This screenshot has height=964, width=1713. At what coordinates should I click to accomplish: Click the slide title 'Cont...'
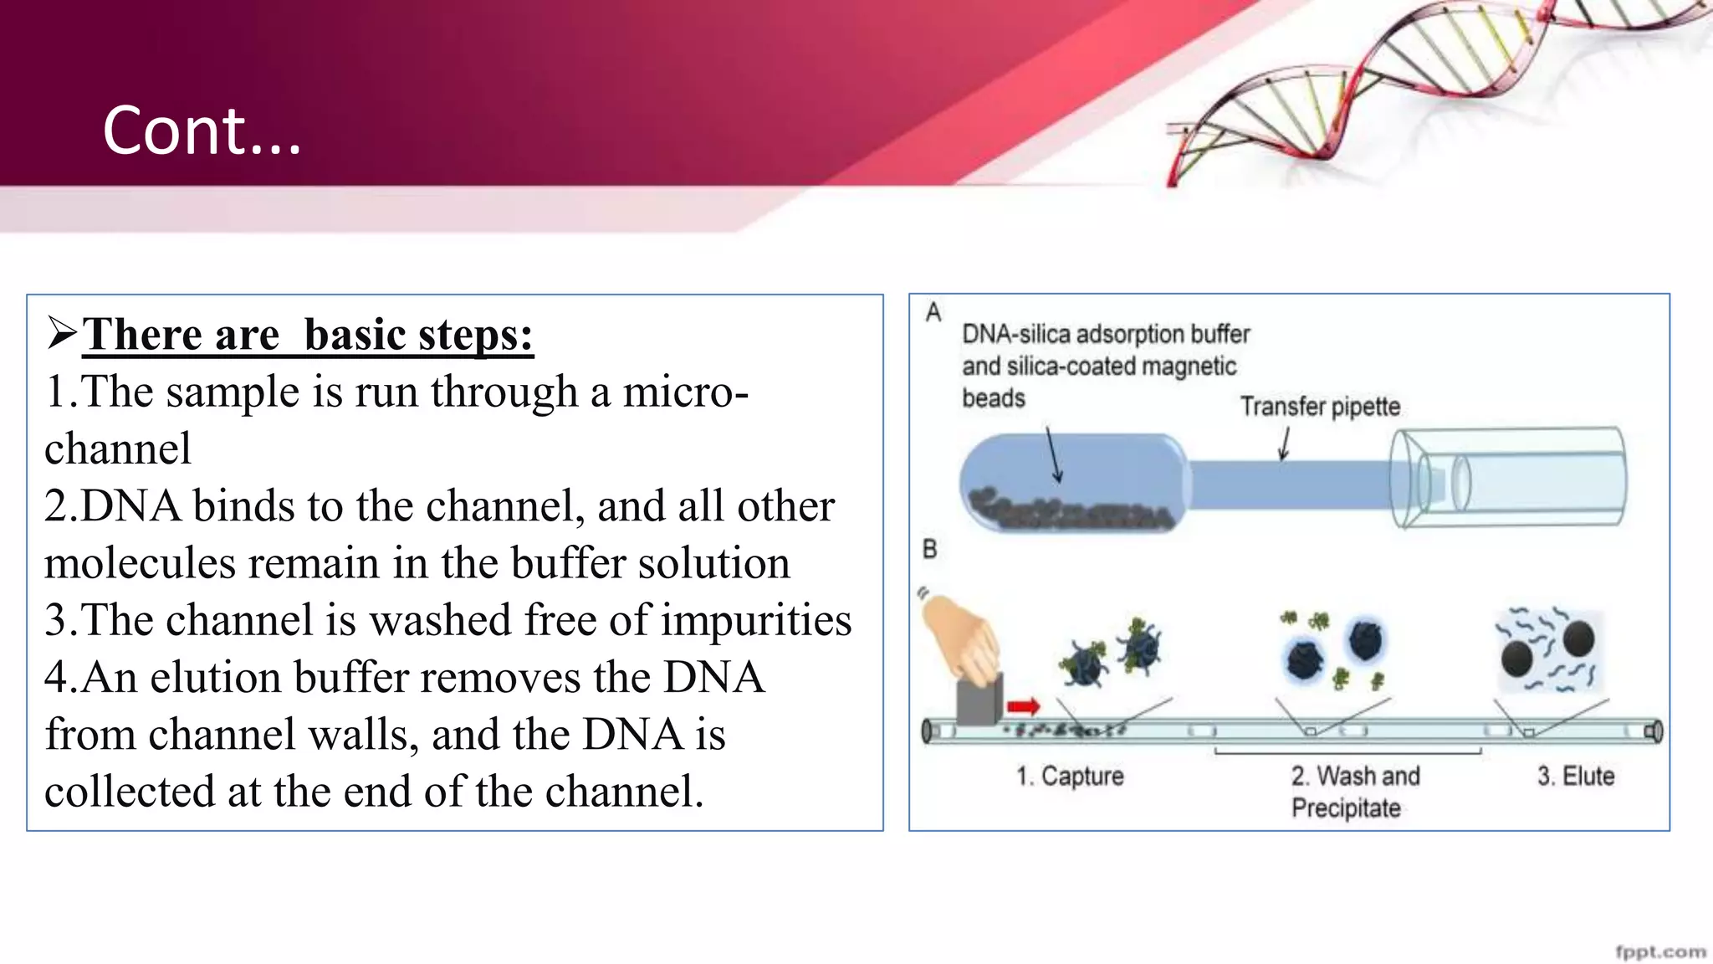[201, 132]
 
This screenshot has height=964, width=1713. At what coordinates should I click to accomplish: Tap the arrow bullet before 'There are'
[62, 334]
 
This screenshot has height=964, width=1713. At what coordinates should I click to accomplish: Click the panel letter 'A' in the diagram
[933, 313]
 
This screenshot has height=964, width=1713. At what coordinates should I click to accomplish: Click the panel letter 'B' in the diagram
[929, 550]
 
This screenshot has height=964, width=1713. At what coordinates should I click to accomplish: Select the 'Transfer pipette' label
[1320, 407]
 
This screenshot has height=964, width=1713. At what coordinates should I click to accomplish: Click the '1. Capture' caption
[1070, 777]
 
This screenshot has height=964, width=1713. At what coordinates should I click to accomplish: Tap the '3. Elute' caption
[1575, 777]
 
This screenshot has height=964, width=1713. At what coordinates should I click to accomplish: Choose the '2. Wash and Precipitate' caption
[1354, 792]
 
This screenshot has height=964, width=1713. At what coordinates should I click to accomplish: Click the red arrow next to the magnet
[1023, 707]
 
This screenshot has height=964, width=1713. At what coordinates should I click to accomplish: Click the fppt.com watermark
[1660, 951]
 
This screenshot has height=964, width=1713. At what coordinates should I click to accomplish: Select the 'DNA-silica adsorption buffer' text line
[1105, 335]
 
